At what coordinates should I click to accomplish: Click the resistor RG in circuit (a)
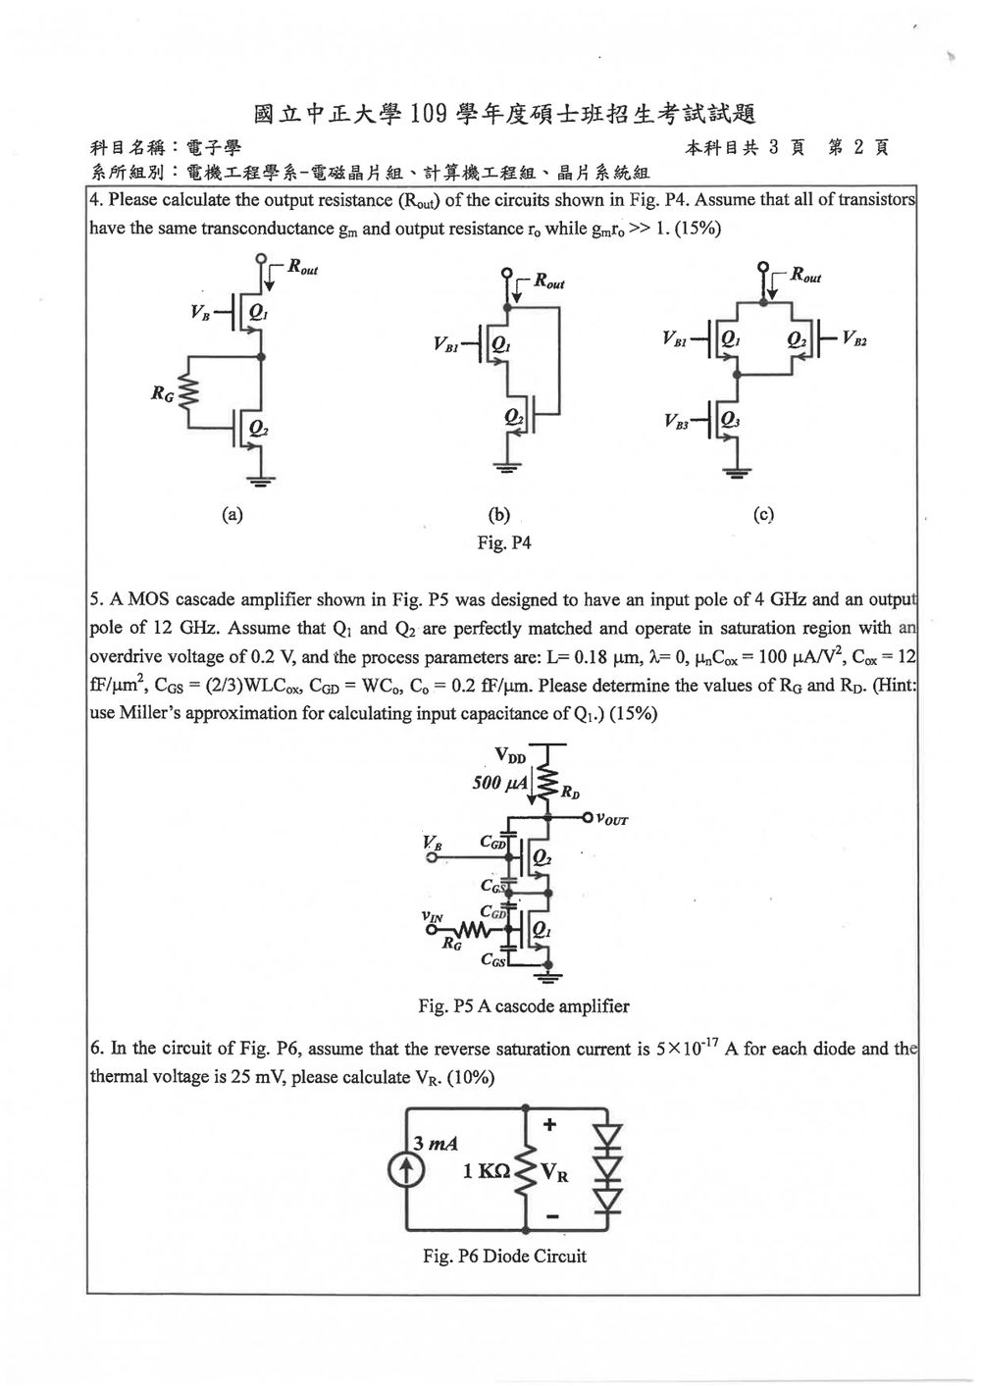[188, 391]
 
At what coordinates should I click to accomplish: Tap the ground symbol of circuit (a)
[261, 481]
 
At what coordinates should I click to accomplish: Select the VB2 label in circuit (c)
[854, 339]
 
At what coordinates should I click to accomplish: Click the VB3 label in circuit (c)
[677, 422]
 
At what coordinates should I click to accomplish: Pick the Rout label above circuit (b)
[549, 282]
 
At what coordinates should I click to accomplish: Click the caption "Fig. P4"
[504, 542]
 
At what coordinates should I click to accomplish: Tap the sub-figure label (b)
[499, 514]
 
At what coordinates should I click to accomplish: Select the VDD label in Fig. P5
[511, 755]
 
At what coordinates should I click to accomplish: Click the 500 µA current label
[500, 783]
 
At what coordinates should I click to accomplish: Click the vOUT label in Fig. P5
[611, 819]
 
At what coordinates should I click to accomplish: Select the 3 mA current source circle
[406, 1170]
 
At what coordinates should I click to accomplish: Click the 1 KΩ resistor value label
[486, 1170]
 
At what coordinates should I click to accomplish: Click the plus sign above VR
[549, 1124]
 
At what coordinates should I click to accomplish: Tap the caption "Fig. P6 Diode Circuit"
[504, 1257]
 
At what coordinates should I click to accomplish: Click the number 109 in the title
[429, 114]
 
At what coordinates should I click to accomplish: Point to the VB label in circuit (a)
[200, 313]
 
